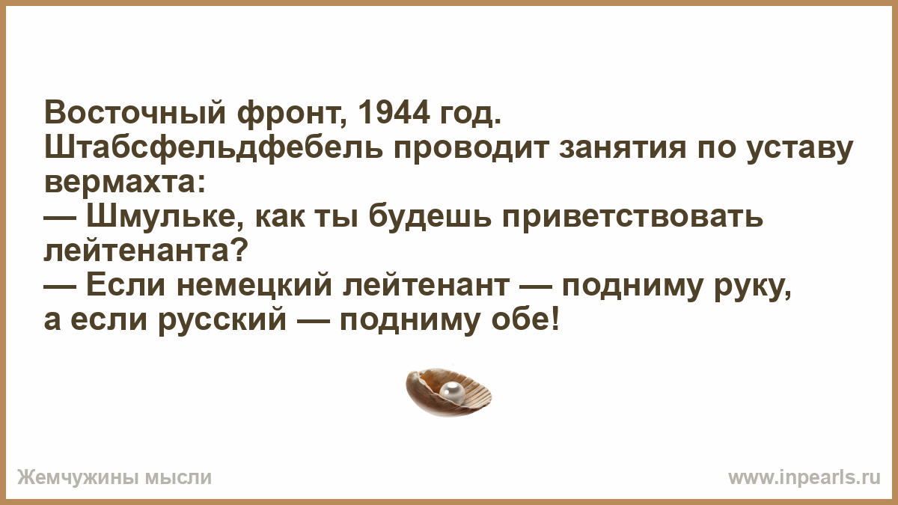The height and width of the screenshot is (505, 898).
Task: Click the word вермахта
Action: pos(124,183)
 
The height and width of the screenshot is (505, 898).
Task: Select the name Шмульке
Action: pos(163,217)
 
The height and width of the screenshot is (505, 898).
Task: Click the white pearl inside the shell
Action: pos(452,391)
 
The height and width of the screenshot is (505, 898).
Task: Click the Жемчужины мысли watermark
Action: pos(114,478)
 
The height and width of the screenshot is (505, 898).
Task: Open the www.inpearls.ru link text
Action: pos(804,477)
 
